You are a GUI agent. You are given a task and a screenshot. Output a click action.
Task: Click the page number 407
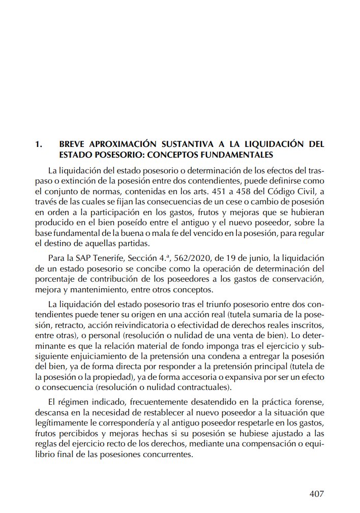[316, 494]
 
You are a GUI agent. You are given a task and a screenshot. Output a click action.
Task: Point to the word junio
[259, 259]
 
